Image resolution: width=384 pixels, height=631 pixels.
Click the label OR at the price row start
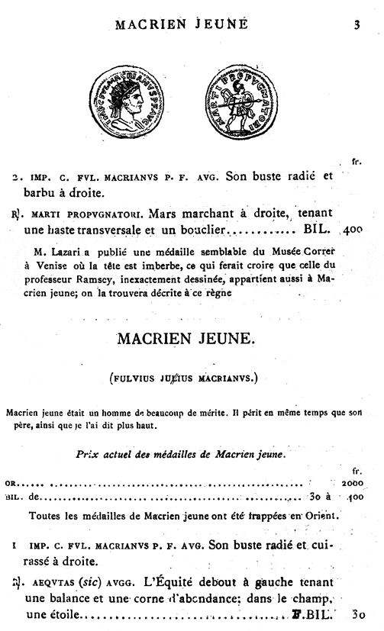(11, 483)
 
